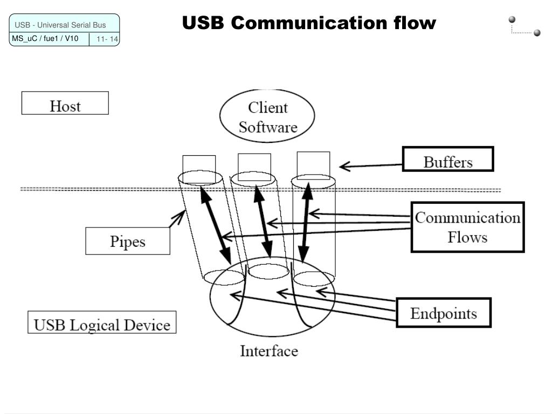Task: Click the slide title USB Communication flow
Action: point(308,23)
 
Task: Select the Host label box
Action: point(65,103)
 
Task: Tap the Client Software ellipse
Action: point(267,116)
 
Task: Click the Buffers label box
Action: point(448,159)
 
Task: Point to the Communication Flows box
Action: point(467,227)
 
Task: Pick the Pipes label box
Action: point(128,241)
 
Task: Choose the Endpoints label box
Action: point(444,312)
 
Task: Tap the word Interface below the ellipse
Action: point(268,351)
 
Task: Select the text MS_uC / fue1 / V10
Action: point(45,38)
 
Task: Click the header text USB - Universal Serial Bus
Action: point(60,25)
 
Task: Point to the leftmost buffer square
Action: point(199,165)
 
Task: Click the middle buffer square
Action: point(254,164)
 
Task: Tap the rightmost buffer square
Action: point(313,162)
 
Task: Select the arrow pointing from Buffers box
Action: point(372,165)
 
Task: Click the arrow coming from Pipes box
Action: point(177,218)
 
